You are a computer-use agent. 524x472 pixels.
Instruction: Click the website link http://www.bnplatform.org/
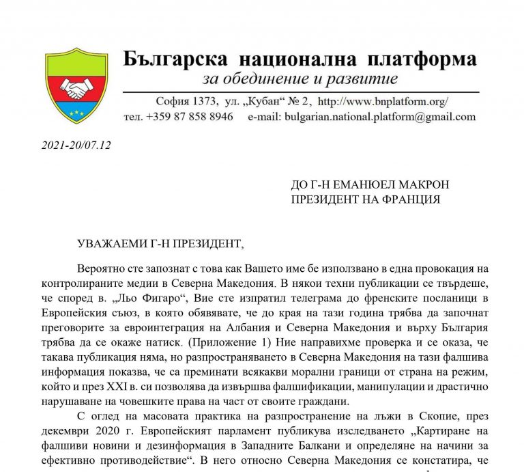pos(383,102)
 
